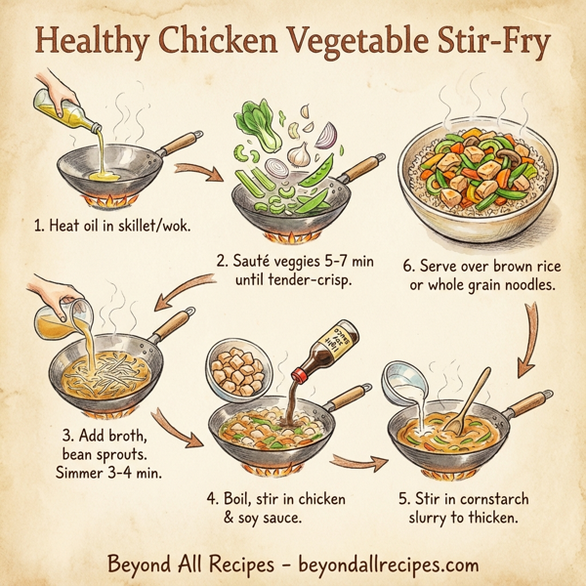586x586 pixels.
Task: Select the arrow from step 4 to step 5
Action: (353, 458)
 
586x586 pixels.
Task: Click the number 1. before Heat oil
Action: (38, 227)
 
